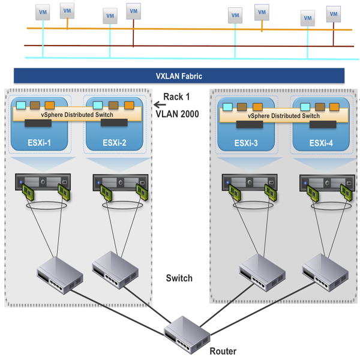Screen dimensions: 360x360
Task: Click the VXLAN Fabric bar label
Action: click(179, 76)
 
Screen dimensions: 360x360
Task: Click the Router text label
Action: click(223, 352)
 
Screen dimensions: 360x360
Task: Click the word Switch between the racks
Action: click(179, 278)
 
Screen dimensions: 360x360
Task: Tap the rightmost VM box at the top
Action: click(333, 13)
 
